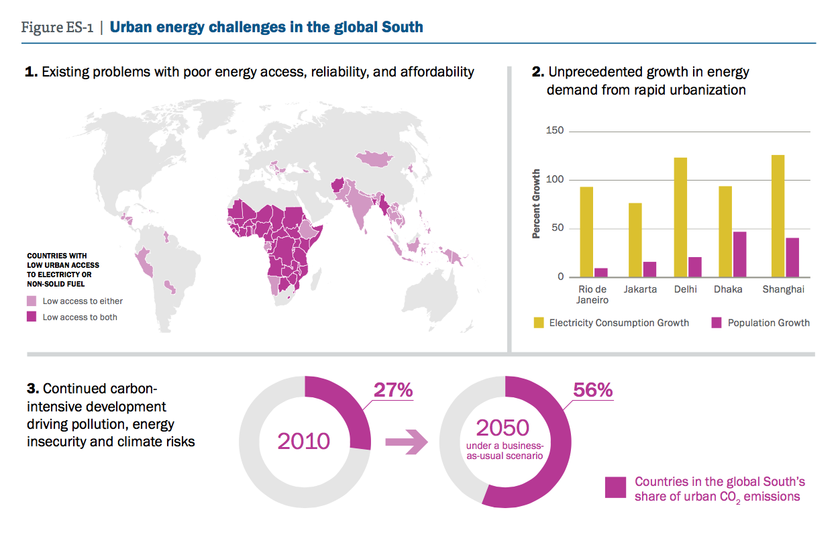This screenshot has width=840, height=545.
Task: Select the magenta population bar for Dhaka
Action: point(739,254)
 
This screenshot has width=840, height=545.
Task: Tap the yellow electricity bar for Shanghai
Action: point(778,216)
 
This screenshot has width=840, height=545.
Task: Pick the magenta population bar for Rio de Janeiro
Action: point(601,272)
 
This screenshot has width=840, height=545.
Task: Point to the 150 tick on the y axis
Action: point(556,132)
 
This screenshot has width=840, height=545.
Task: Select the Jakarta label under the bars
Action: point(639,289)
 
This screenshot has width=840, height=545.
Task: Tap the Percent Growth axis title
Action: point(536,204)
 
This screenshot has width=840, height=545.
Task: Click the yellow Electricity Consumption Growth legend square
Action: point(538,323)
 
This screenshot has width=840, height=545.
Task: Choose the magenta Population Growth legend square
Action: point(716,323)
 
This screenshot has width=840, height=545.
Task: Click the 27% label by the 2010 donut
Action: point(392,390)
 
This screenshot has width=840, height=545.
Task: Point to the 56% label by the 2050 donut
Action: point(592,390)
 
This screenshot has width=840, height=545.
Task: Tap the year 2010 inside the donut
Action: point(303,441)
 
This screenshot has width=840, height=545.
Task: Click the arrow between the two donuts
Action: point(406,442)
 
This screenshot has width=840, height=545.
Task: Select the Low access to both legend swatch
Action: point(32,317)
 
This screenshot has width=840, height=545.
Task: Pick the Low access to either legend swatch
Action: point(32,301)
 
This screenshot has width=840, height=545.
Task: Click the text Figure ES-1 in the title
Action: point(56,28)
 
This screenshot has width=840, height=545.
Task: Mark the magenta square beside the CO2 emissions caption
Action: point(615,488)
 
